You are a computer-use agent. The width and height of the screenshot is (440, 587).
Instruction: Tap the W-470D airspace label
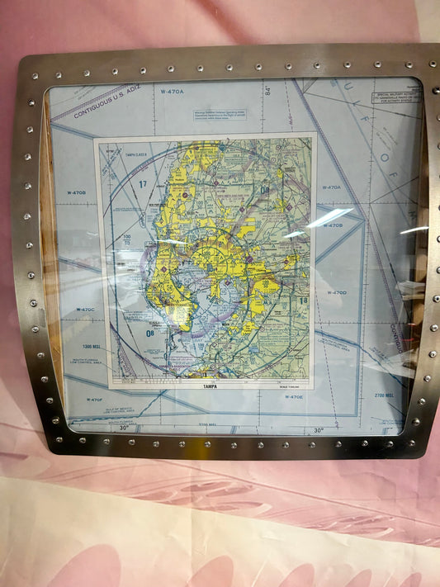point(336,292)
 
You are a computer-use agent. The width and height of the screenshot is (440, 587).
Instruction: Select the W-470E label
point(294,397)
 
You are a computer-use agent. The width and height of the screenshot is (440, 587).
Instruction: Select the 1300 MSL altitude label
point(93,347)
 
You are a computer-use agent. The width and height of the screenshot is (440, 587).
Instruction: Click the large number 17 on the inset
point(142,183)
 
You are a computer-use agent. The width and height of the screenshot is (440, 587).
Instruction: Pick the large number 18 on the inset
point(303,301)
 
